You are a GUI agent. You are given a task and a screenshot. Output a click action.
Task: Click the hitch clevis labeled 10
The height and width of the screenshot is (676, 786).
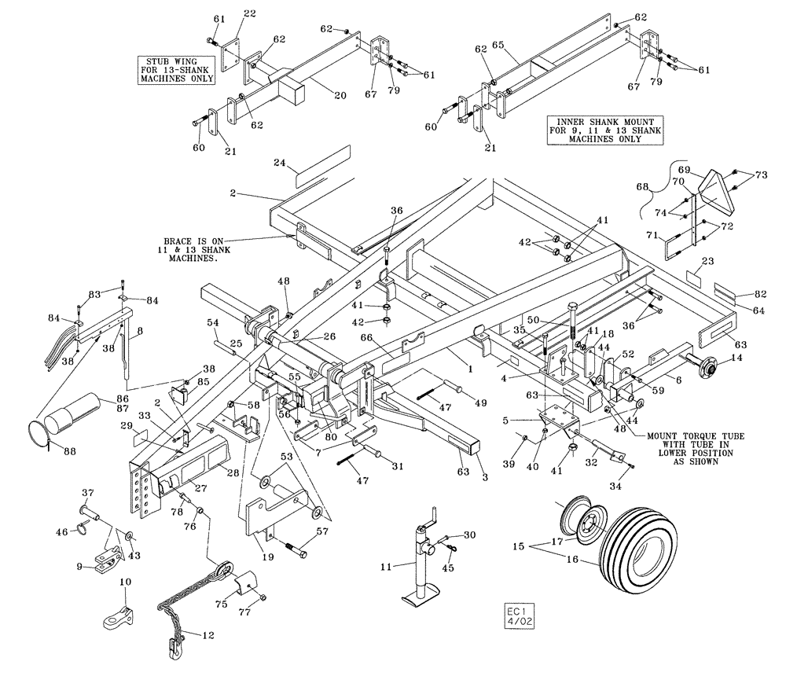tap(117, 614)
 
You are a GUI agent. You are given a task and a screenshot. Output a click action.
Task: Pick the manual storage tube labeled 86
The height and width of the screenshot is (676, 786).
tap(72, 413)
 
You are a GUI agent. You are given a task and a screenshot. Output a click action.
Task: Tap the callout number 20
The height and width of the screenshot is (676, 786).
tap(340, 96)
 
